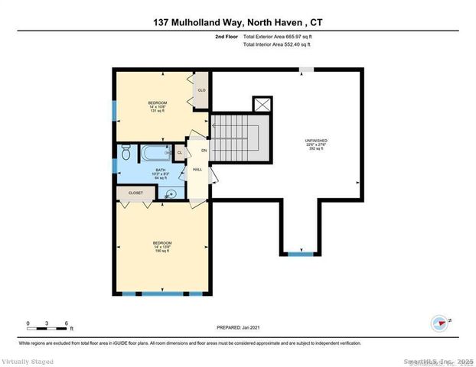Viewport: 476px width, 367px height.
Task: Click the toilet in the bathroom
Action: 126,154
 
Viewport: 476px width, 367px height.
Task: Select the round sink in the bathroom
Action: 171,193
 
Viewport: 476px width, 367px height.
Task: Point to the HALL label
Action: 197,171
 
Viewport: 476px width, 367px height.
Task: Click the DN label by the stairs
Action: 204,150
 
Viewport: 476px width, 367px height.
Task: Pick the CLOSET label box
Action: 135,193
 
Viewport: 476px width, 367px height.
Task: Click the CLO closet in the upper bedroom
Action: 201,89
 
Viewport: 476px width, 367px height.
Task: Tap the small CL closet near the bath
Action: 180,152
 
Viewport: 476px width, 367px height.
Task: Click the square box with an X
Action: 262,105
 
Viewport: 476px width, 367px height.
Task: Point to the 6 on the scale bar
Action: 67,323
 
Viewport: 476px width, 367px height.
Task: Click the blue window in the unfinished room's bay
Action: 299,253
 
